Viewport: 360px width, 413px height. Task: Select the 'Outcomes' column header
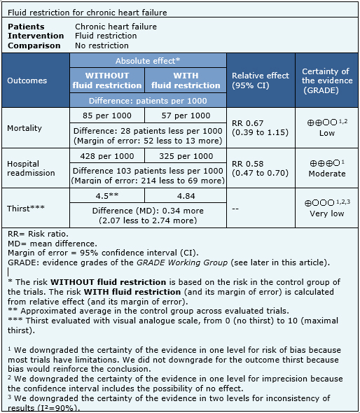pos(27,80)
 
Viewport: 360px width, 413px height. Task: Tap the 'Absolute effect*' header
pos(148,61)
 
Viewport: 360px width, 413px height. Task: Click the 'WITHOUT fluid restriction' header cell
pos(106,80)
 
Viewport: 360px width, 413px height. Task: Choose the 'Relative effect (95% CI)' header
pos(260,80)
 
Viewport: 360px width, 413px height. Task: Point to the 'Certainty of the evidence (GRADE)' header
pos(326,80)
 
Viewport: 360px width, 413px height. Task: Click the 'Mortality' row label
pos(25,128)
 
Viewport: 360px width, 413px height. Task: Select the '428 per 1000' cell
pos(106,156)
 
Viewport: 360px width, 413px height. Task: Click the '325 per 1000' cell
pos(186,156)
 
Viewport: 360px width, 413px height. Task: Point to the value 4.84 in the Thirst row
pos(186,196)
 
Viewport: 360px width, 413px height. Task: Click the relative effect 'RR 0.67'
pos(249,123)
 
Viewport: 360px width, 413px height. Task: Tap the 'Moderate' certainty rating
pos(326,174)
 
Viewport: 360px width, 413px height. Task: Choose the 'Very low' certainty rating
pos(326,213)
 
